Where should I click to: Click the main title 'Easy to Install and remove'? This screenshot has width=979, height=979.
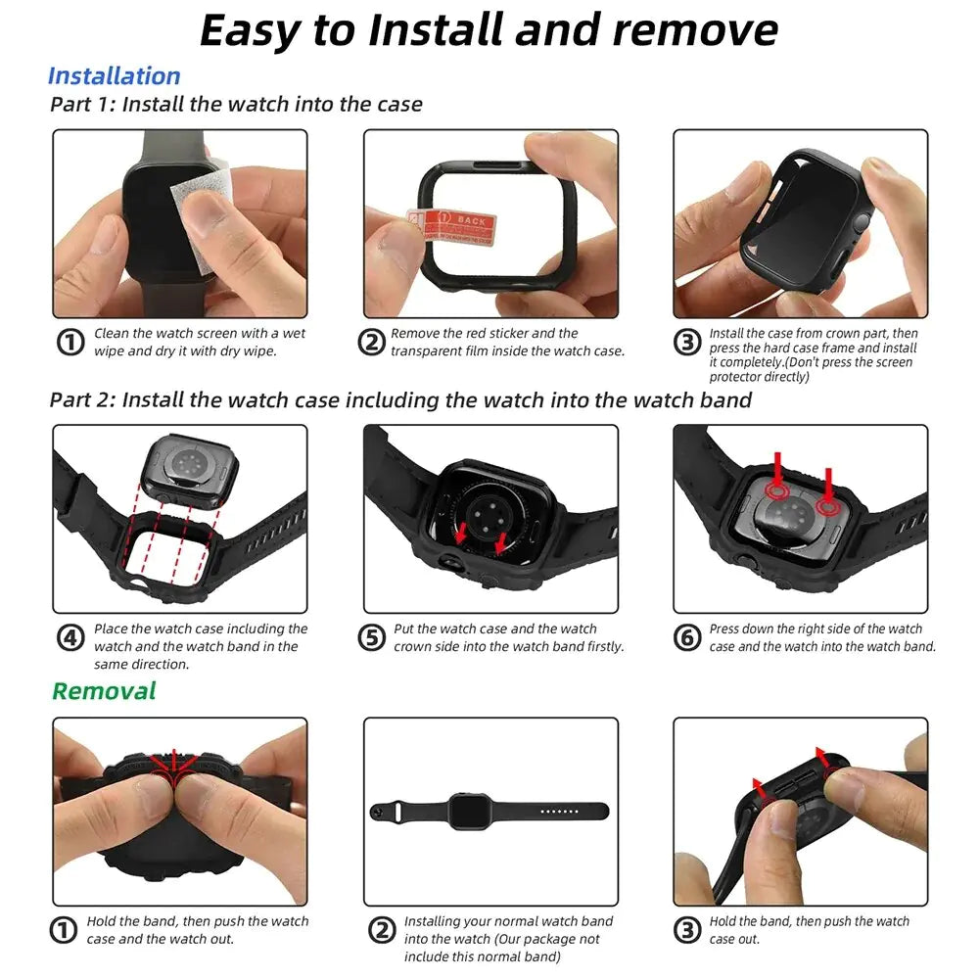(489, 30)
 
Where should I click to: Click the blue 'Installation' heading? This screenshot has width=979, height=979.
(114, 76)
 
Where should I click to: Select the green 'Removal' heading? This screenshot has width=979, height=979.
(104, 691)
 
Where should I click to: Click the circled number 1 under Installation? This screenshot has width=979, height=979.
(70, 343)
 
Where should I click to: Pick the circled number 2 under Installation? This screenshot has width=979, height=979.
(371, 343)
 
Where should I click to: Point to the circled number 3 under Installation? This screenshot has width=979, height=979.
(688, 343)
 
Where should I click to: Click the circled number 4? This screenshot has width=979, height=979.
(70, 638)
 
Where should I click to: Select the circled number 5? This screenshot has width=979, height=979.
(371, 638)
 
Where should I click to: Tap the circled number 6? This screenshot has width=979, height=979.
(688, 638)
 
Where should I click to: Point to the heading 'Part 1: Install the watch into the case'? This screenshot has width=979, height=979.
(236, 104)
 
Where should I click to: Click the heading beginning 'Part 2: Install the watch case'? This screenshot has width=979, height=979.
(400, 399)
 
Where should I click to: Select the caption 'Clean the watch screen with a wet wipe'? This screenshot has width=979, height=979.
(199, 342)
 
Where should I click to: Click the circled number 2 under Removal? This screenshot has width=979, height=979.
(382, 930)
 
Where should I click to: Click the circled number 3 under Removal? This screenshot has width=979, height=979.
(688, 930)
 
